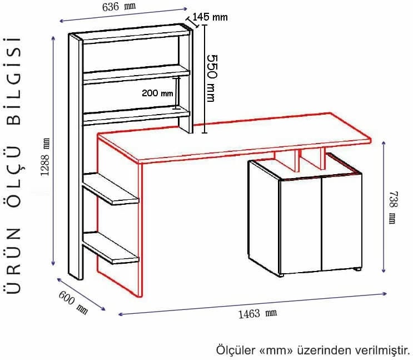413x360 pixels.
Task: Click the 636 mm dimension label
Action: click(x=119, y=6)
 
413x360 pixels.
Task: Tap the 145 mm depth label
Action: click(x=210, y=17)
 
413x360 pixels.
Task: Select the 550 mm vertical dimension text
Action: click(x=211, y=78)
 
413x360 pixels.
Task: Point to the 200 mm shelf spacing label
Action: click(x=157, y=93)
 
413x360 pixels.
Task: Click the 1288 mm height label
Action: click(x=46, y=157)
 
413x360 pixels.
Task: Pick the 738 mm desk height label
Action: click(x=393, y=208)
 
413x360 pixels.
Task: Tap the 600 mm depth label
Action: click(x=73, y=302)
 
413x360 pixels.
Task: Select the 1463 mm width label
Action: click(x=257, y=314)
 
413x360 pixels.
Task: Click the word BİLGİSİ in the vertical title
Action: click(x=13, y=81)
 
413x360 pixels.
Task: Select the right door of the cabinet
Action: click(x=342, y=223)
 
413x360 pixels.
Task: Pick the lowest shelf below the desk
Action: click(x=111, y=248)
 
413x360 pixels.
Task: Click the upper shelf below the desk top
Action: click(x=111, y=189)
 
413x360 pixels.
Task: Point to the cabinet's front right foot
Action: click(x=357, y=269)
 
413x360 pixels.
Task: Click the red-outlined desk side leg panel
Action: click(x=120, y=216)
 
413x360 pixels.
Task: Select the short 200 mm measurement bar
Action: click(x=177, y=93)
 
